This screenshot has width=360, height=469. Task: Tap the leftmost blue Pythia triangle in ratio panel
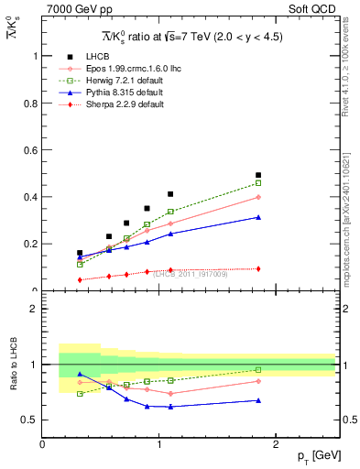pos(80,374)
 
